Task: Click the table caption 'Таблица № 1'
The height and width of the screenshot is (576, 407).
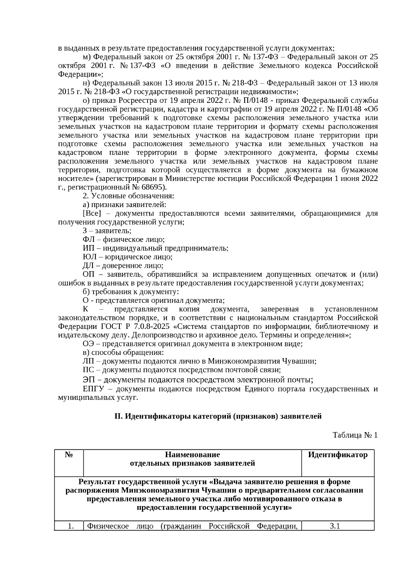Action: point(355,435)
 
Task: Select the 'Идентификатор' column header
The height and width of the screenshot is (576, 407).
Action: point(337,455)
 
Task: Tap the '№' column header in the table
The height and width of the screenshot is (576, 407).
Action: point(69,455)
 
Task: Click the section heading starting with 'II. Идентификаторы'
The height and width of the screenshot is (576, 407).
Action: point(218,416)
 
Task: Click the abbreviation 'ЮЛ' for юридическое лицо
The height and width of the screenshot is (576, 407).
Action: point(88,257)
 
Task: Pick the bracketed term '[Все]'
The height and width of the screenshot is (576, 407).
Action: point(92,213)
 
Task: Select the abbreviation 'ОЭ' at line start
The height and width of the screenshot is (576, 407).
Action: point(88,344)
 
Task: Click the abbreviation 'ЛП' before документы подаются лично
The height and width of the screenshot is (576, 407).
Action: point(88,361)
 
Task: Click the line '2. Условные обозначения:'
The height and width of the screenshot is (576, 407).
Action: point(128,196)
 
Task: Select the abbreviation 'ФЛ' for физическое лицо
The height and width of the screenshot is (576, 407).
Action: point(88,239)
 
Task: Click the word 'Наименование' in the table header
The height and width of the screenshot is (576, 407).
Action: point(192,455)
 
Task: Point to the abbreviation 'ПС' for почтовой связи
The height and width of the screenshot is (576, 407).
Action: point(88,370)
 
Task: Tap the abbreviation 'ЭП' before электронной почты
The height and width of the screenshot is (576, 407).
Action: point(88,380)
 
